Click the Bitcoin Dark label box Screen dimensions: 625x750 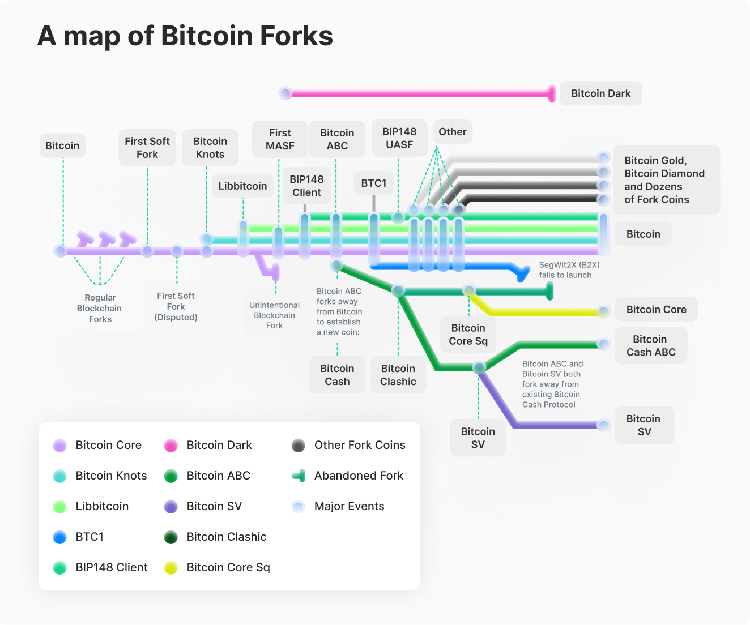[600, 93]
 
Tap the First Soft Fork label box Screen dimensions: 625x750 [147, 148]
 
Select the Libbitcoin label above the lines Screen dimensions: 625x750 [242, 186]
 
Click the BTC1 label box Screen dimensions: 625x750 [374, 183]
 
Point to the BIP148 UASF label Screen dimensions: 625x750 [399, 138]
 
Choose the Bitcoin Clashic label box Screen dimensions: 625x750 [398, 375]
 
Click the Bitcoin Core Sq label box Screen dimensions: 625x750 [468, 335]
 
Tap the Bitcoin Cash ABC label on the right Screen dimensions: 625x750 [651, 345]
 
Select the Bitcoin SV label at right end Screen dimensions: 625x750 [644, 425]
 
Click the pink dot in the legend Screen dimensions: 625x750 [171, 446]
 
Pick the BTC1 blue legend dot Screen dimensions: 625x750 [59, 537]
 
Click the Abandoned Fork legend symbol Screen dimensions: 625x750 [299, 476]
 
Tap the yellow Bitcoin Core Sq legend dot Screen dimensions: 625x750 [171, 568]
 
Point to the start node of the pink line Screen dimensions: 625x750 [285, 93]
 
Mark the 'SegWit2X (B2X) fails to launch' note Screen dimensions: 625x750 [569, 270]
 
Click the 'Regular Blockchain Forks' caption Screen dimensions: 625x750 [100, 309]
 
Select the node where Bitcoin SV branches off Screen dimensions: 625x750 [479, 367]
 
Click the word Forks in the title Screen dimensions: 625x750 [296, 36]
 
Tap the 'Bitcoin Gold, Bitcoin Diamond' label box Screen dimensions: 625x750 [666, 180]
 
